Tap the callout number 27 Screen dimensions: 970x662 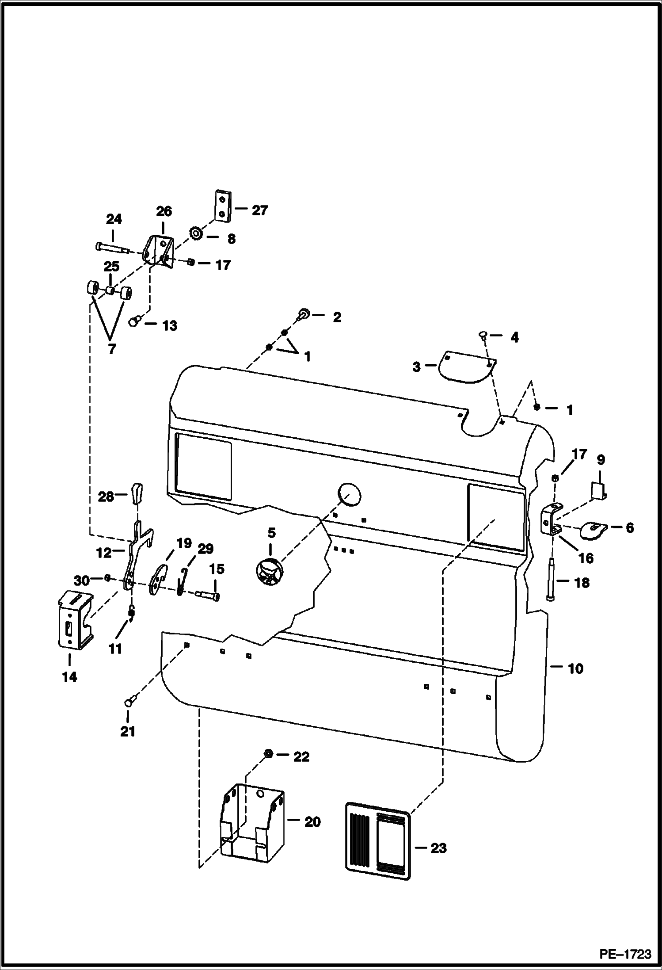pyautogui.click(x=259, y=210)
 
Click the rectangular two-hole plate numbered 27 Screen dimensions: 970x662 pyautogui.click(x=224, y=205)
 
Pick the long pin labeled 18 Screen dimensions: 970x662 pyautogui.click(x=550, y=579)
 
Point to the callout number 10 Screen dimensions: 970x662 pyautogui.click(x=575, y=668)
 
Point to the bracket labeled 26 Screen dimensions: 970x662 pyautogui.click(x=160, y=251)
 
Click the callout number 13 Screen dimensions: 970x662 pyautogui.click(x=170, y=326)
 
